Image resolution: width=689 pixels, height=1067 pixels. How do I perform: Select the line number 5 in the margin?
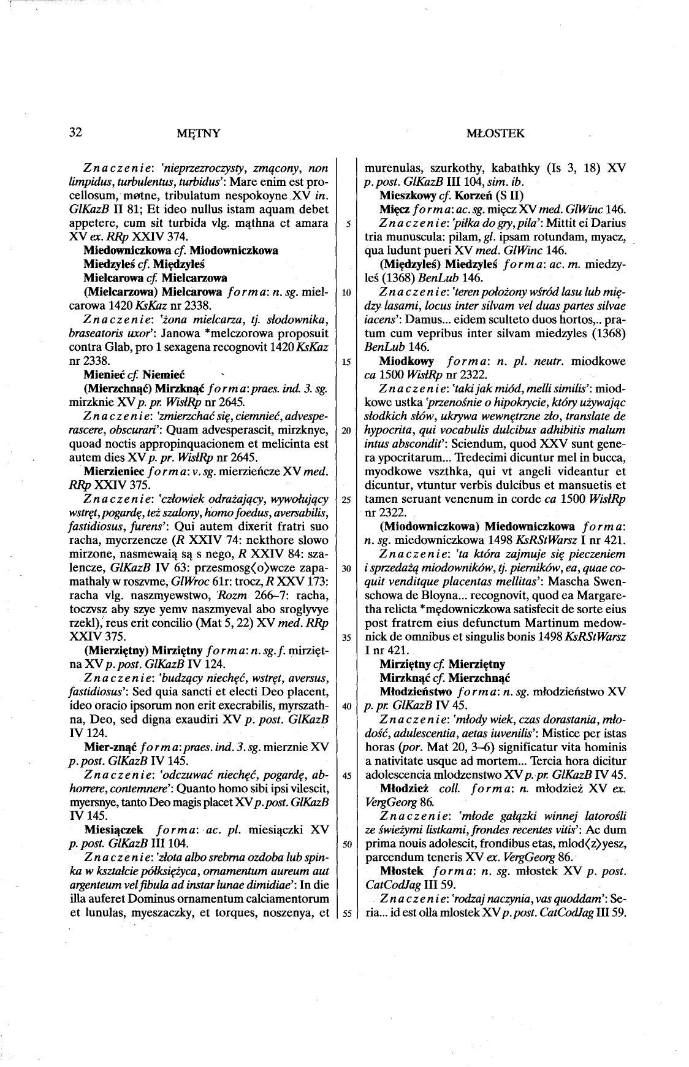347,224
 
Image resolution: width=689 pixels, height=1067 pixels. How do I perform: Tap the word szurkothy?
448,167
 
